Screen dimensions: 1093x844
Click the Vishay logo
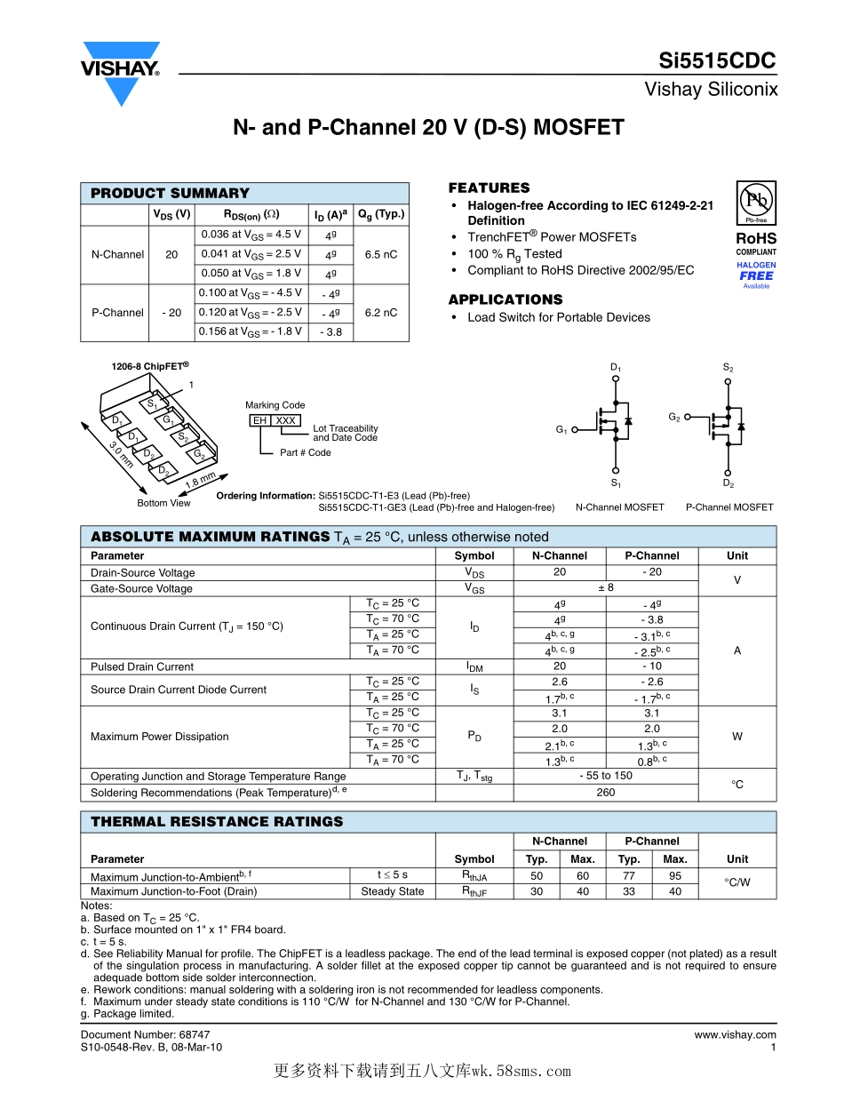pyautogui.click(x=121, y=71)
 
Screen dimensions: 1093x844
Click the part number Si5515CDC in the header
pyautogui.click(x=717, y=61)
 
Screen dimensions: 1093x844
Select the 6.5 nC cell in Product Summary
pyautogui.click(x=381, y=254)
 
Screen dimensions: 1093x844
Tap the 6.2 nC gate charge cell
pyautogui.click(x=381, y=313)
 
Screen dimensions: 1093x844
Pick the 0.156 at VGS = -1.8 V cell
pyautogui.click(x=250, y=331)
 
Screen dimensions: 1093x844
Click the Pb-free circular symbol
pyautogui.click(x=755, y=200)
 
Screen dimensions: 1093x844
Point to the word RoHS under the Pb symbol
pyautogui.click(x=756, y=238)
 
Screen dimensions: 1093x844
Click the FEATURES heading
pyautogui.click(x=489, y=187)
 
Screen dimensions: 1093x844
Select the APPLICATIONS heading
pyautogui.click(x=505, y=299)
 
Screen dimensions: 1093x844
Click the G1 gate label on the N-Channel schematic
pyautogui.click(x=561, y=430)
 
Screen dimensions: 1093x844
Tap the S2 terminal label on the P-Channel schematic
pyautogui.click(x=728, y=368)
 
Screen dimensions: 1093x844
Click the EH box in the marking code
pyautogui.click(x=259, y=420)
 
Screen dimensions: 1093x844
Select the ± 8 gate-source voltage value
pyautogui.click(x=605, y=588)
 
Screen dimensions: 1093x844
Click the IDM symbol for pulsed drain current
pyautogui.click(x=474, y=666)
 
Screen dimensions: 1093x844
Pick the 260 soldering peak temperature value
pyautogui.click(x=605, y=792)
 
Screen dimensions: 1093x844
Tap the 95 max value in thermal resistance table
pyautogui.click(x=675, y=875)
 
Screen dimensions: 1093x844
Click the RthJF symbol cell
pyautogui.click(x=474, y=891)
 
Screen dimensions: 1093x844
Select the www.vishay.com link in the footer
pyautogui.click(x=735, y=1034)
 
